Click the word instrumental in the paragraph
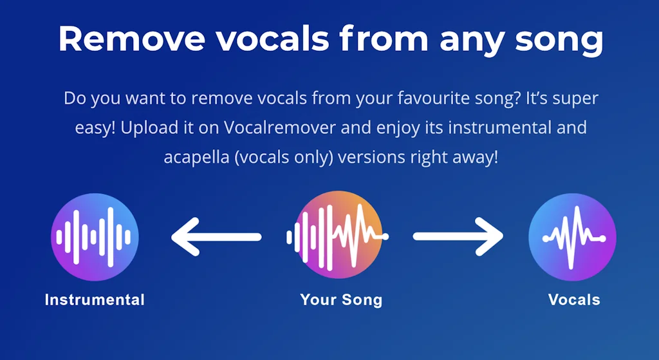click(496, 128)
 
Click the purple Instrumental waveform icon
click(95, 237)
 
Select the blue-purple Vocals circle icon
click(572, 237)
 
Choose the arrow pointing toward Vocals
click(458, 237)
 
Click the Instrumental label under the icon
click(95, 299)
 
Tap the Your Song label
click(341, 299)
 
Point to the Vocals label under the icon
click(574, 299)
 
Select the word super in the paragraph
click(577, 99)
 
